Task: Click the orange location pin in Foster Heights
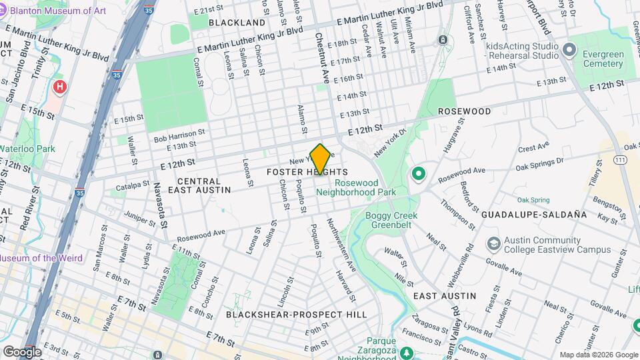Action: click(320, 159)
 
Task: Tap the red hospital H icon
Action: click(61, 87)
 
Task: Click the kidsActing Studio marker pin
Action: click(569, 50)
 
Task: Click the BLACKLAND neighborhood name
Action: click(237, 23)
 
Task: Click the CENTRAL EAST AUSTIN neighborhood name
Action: click(203, 185)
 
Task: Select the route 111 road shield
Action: click(621, 160)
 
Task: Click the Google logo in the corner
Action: click(23, 351)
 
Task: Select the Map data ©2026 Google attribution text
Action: click(598, 355)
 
